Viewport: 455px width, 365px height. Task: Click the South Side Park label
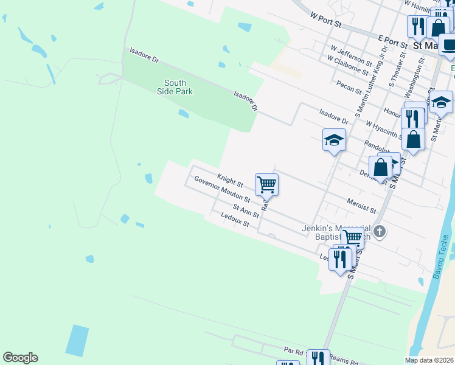[178, 87]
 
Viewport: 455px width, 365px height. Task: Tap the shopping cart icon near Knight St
[266, 184]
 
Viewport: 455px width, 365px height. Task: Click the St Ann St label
[245, 212]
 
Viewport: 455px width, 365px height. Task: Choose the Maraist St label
[361, 204]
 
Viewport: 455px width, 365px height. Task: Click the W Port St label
[327, 22]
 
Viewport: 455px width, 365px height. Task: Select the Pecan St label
[348, 89]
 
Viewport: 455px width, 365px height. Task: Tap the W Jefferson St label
[351, 55]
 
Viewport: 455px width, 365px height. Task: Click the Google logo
[20, 358]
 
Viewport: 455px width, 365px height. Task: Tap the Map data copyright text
[429, 360]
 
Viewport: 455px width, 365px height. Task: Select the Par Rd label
[294, 351]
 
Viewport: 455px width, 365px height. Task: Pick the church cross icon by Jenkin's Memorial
[380, 231]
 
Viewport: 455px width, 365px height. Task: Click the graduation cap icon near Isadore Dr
[333, 140]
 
